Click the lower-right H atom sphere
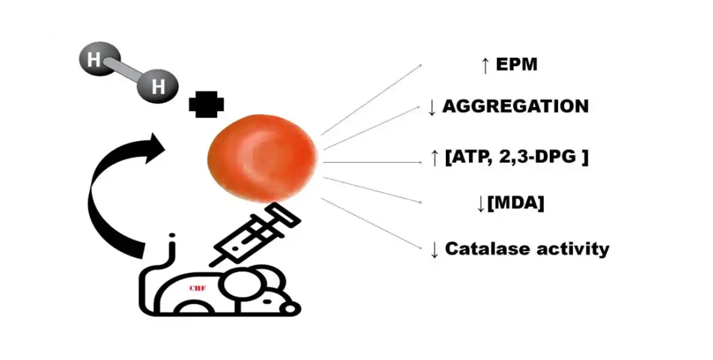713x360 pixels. click(x=158, y=86)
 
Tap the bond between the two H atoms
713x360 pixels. click(x=126, y=73)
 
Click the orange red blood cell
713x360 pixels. click(x=263, y=158)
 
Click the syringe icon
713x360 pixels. click(x=254, y=236)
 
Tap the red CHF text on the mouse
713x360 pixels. click(x=197, y=287)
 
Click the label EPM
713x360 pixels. click(x=516, y=65)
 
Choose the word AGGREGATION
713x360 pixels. click(x=515, y=106)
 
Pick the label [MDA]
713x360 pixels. click(x=515, y=203)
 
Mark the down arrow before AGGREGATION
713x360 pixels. click(x=432, y=107)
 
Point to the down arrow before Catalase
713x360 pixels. click(x=434, y=250)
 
